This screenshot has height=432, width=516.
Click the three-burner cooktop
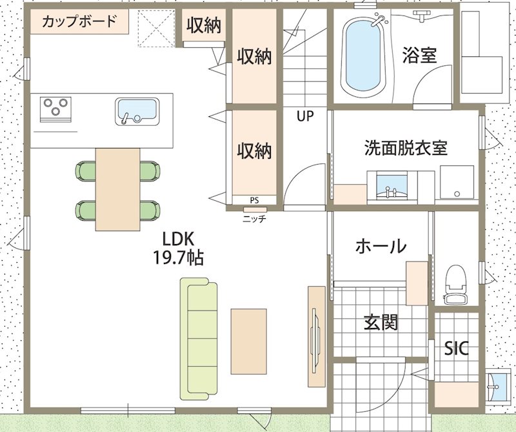tap(55, 109)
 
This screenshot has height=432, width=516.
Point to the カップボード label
tap(79, 21)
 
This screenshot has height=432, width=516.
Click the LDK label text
tap(179, 239)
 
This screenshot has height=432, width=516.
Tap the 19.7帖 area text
tap(178, 258)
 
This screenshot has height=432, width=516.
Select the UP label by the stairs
tap(305, 116)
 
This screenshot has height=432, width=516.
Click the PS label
tap(254, 200)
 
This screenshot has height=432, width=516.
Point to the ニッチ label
tap(254, 218)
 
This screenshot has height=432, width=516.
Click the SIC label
tap(457, 348)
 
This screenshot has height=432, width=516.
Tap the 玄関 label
tap(381, 322)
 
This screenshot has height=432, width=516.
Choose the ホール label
tap(381, 246)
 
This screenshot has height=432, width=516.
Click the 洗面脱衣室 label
tap(406, 148)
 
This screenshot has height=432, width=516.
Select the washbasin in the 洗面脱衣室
tap(392, 187)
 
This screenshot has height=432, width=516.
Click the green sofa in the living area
tap(199, 339)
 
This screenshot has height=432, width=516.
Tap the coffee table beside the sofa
tap(248, 342)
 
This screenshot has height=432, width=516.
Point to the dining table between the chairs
tap(118, 189)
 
